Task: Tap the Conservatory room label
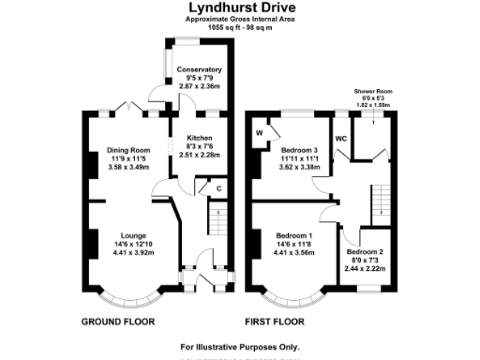(198, 69)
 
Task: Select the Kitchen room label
(199, 139)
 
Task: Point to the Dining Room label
(128, 150)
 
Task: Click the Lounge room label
(131, 236)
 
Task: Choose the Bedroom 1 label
(294, 235)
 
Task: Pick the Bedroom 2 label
(364, 252)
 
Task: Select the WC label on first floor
(341, 139)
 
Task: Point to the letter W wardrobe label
(260, 133)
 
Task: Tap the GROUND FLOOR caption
(118, 322)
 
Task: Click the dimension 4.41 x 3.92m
(131, 253)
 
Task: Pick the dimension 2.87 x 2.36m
(198, 86)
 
